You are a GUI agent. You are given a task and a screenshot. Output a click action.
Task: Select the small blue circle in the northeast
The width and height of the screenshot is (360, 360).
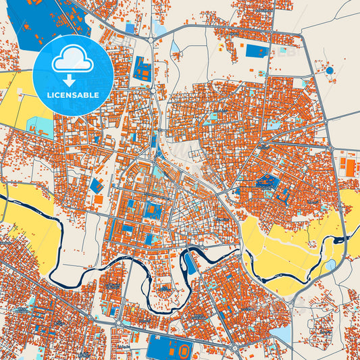(x=330, y=70)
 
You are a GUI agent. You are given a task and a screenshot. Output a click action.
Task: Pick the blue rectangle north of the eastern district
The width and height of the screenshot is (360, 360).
(x=256, y=51)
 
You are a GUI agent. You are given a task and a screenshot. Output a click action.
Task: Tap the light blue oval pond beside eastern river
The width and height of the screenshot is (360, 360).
(x=331, y=265)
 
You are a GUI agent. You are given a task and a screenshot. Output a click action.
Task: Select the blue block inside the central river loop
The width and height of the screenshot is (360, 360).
(x=191, y=264)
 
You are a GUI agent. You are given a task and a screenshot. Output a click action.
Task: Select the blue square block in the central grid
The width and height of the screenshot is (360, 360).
(x=154, y=210)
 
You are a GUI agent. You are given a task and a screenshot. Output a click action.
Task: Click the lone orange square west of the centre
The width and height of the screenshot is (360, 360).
(x=99, y=199)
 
